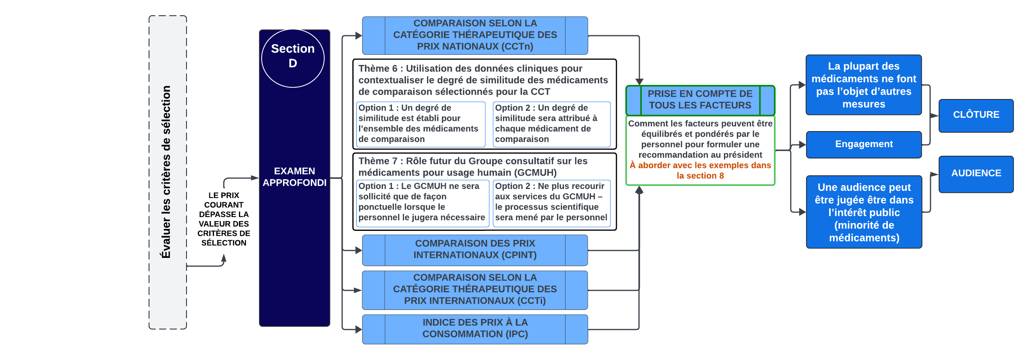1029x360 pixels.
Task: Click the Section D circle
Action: pyautogui.click(x=293, y=58)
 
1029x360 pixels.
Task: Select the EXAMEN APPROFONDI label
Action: pyautogui.click(x=295, y=176)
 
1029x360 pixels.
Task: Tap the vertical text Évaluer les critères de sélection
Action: pyautogui.click(x=166, y=172)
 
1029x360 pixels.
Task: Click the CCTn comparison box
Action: pyautogui.click(x=474, y=35)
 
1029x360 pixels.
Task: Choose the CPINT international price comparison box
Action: pyautogui.click(x=474, y=249)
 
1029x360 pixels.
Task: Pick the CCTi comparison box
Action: pyautogui.click(x=474, y=289)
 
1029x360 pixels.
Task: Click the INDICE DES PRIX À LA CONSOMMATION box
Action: pyautogui.click(x=474, y=328)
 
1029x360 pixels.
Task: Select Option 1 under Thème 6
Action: pyautogui.click(x=420, y=124)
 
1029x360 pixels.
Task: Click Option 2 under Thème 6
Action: pyautogui.click(x=551, y=124)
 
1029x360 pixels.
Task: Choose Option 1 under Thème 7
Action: pyautogui.click(x=422, y=202)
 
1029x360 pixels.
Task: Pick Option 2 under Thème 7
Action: pyautogui.click(x=551, y=202)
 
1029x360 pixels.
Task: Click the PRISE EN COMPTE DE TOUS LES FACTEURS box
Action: pyautogui.click(x=700, y=100)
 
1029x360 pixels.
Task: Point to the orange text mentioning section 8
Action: pyautogui.click(x=700, y=171)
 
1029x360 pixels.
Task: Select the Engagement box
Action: pyautogui.click(x=864, y=144)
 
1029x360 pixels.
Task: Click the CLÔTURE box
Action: pyautogui.click(x=976, y=115)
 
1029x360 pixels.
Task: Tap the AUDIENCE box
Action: pyautogui.click(x=976, y=173)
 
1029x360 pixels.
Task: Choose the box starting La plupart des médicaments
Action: pyautogui.click(x=864, y=85)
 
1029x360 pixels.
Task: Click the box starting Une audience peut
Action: pyautogui.click(x=864, y=212)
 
